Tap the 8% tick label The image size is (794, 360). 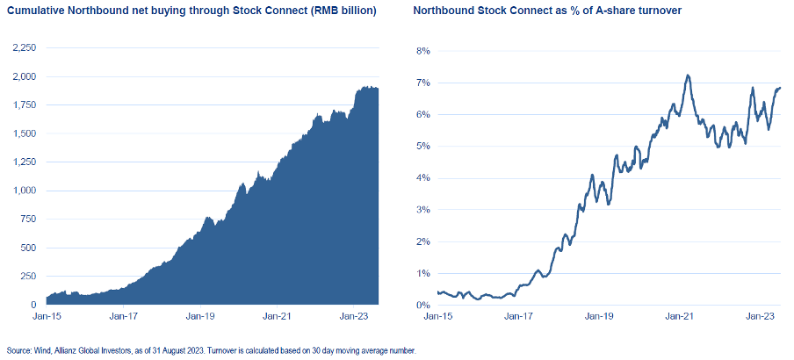point(422,51)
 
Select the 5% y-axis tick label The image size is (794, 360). point(422,146)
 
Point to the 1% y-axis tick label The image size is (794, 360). point(422,273)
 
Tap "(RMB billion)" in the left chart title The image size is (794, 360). point(337,12)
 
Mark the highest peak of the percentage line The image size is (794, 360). point(688,76)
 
